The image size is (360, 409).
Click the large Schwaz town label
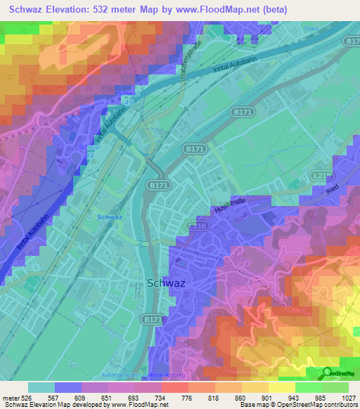click(x=167, y=283)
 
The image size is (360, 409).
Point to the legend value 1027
click(x=349, y=398)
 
